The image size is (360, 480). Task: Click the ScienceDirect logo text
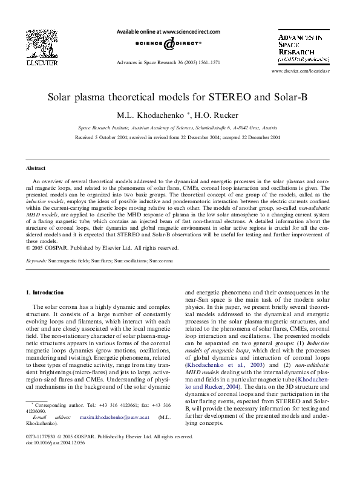coord(171,44)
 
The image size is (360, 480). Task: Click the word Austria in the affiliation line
coord(270,128)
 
